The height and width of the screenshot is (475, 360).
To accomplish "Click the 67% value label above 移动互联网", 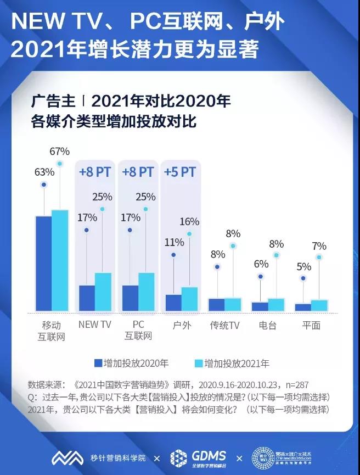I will click(x=59, y=151).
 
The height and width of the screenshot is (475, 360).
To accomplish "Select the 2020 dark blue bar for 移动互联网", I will click(x=43, y=264).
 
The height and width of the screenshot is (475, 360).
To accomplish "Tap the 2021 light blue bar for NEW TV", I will click(x=103, y=292).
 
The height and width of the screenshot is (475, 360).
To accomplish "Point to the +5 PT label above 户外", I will click(x=179, y=172).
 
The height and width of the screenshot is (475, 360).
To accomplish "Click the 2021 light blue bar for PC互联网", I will click(x=146, y=292).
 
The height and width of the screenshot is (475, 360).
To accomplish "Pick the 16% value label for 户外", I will click(x=189, y=221).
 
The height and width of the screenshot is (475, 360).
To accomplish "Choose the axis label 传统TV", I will click(x=225, y=325).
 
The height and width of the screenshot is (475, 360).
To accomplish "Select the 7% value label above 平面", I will click(x=319, y=246).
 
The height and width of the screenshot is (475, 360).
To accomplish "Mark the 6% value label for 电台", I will click(x=260, y=264).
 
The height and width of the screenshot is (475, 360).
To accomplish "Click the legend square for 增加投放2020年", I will click(x=98, y=363).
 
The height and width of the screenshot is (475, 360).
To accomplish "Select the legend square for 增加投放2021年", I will click(x=199, y=363).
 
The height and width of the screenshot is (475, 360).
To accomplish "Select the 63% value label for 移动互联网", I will click(x=44, y=172).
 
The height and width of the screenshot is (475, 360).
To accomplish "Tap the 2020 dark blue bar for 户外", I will click(x=173, y=303).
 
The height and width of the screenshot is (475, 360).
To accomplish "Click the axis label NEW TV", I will click(x=94, y=325).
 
